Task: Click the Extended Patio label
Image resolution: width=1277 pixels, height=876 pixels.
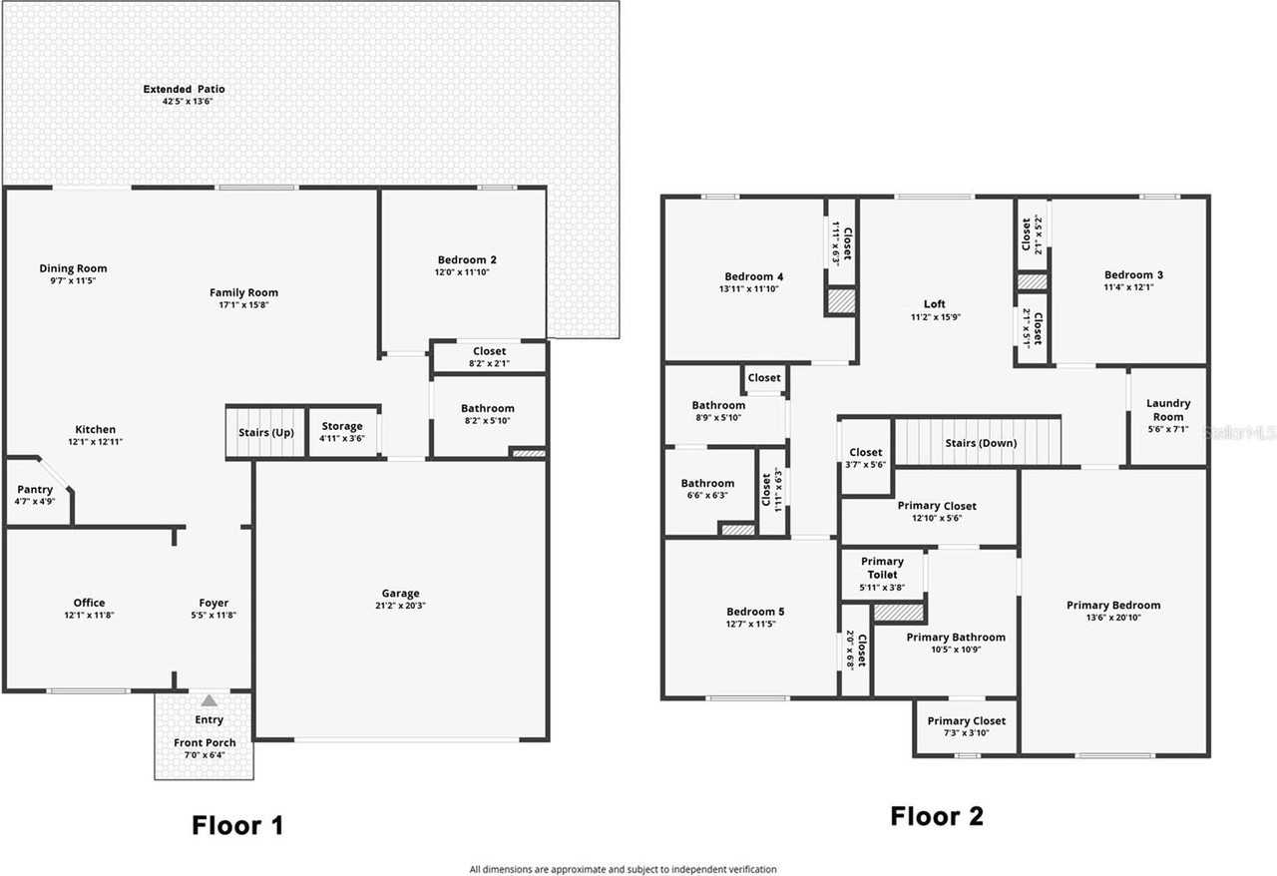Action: tap(185, 89)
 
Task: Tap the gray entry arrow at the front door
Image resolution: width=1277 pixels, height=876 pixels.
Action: tap(210, 700)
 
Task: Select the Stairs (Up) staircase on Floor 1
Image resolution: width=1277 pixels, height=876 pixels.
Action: tap(265, 432)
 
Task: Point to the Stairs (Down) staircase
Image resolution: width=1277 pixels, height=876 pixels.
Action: tap(978, 442)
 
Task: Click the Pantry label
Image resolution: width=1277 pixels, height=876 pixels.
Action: tap(35, 489)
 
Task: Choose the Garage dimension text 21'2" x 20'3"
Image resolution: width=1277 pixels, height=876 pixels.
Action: tap(400, 606)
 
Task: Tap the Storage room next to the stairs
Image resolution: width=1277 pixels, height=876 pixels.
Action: tap(342, 432)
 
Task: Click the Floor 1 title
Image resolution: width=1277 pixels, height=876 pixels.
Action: tap(237, 825)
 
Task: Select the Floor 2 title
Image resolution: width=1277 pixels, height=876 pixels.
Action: tap(937, 816)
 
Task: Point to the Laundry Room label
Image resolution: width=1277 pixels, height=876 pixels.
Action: tap(1168, 410)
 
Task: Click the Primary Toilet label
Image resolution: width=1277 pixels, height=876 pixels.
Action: tap(882, 568)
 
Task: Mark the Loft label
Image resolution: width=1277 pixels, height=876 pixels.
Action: tap(935, 304)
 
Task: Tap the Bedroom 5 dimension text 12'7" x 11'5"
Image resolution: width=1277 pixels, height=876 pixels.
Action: tap(750, 624)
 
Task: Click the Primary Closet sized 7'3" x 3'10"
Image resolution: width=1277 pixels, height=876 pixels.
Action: tap(967, 726)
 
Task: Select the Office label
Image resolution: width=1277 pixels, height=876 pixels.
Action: tap(89, 603)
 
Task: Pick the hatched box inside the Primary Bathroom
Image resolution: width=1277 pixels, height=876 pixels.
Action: tap(899, 613)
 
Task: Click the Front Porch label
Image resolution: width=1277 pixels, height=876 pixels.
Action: tap(205, 742)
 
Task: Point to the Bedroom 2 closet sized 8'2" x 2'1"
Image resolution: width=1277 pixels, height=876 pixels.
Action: tap(489, 357)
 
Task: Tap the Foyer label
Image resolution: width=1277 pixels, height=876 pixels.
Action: tap(213, 603)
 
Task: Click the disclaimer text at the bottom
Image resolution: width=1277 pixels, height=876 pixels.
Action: tap(623, 869)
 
